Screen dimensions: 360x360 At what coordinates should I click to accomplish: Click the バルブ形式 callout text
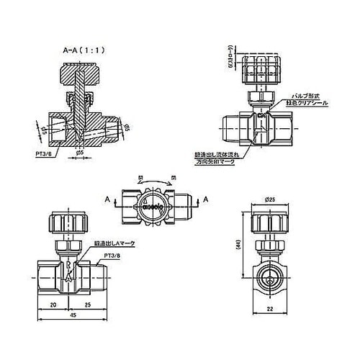306,96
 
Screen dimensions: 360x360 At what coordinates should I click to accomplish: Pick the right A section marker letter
205,199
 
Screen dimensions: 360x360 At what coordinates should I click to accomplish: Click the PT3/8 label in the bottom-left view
112,256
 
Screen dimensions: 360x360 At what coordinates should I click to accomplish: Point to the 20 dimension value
55,305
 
